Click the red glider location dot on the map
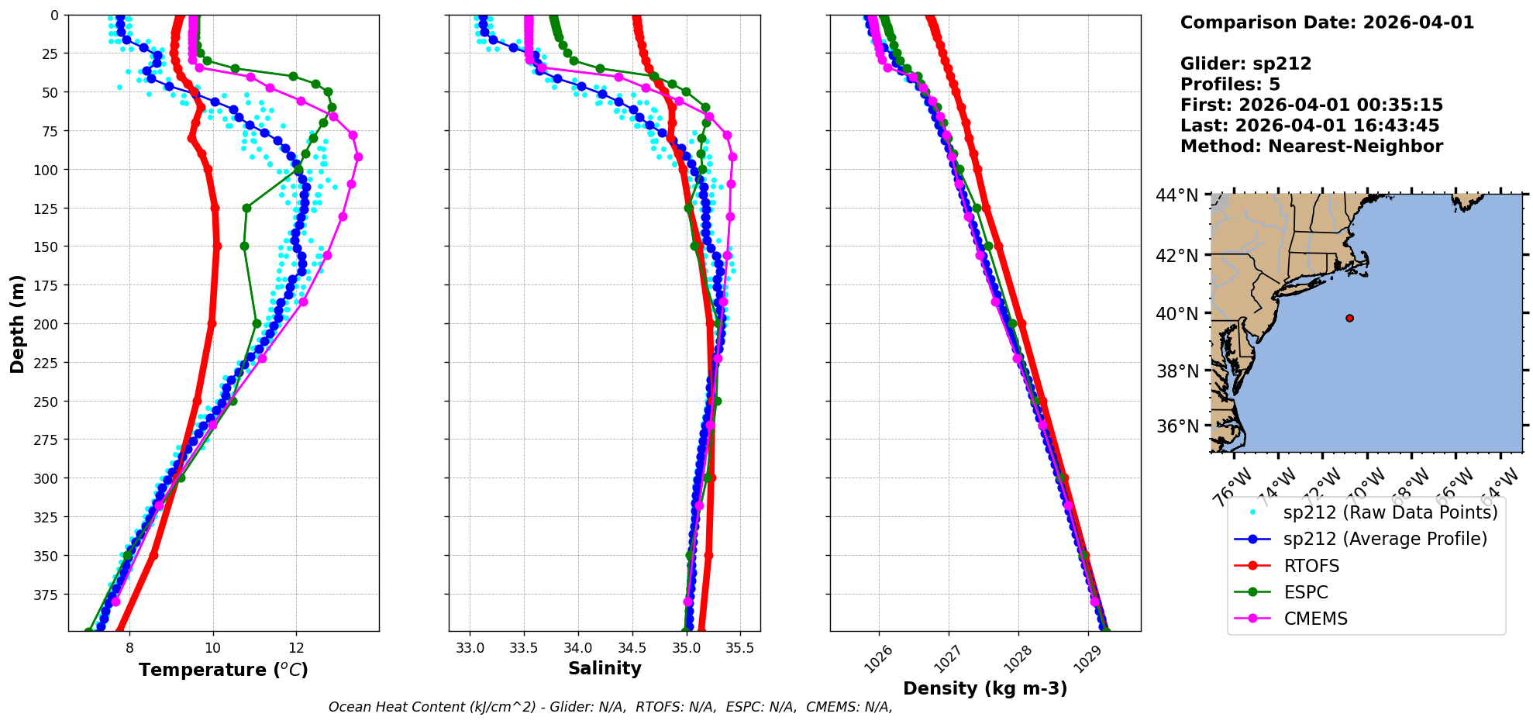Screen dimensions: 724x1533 coord(1349,318)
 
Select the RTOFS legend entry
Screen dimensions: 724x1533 coord(1311,566)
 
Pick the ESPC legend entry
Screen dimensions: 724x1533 coord(1305,592)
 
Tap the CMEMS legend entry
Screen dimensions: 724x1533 coord(1315,619)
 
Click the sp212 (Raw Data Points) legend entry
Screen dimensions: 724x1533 coord(1390,512)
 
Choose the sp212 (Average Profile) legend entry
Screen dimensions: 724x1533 coord(1385,539)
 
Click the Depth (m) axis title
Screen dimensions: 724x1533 coord(17,323)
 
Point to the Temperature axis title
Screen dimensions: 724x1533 coord(223,670)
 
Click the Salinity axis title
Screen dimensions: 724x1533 coord(605,668)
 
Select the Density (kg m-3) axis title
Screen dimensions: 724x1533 coord(984,688)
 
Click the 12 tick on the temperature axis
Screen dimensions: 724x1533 coord(296,648)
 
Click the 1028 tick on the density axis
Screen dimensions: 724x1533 coord(1017,659)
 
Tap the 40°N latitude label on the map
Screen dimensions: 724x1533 coord(1176,314)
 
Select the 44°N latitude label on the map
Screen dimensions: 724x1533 coord(1176,195)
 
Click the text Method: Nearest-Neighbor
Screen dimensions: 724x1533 coord(1311,147)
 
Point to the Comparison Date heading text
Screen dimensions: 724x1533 coord(1327,22)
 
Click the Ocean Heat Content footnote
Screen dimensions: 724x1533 coord(610,707)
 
